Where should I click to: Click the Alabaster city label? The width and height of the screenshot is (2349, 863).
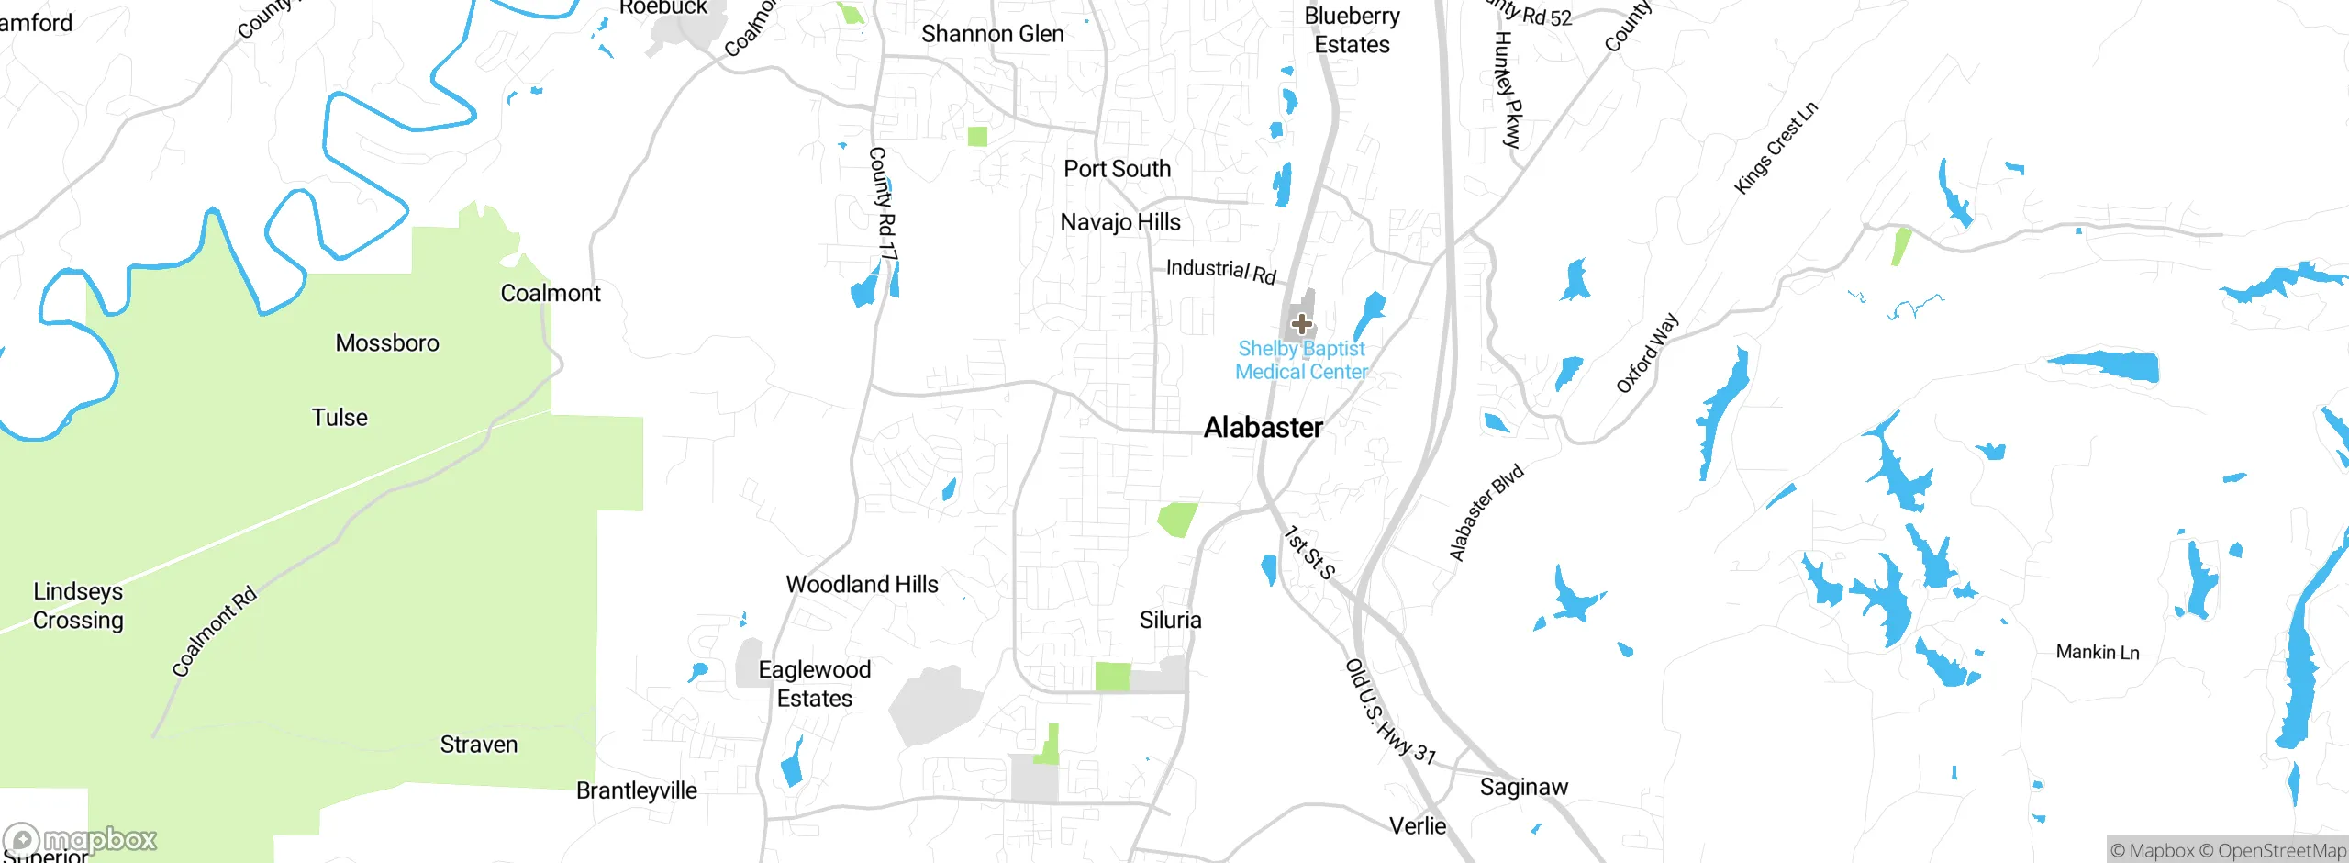(x=1263, y=428)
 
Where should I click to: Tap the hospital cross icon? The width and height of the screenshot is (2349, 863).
(x=1301, y=324)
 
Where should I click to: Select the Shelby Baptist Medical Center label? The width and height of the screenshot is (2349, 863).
(x=1301, y=361)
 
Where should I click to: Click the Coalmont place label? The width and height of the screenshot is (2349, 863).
(x=551, y=294)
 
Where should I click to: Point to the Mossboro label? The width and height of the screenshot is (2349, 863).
(x=387, y=343)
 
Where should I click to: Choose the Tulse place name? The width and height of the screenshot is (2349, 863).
(x=340, y=418)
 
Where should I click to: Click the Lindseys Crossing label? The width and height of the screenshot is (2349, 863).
(x=78, y=606)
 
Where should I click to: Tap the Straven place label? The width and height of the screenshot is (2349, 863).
(x=479, y=745)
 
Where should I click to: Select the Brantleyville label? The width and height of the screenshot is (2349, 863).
(x=637, y=791)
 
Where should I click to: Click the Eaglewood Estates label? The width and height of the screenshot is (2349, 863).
(x=815, y=684)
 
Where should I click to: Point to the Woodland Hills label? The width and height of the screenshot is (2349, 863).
(x=863, y=585)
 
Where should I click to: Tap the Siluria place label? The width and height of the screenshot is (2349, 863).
(x=1171, y=621)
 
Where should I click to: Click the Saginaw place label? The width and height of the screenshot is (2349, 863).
(x=1524, y=788)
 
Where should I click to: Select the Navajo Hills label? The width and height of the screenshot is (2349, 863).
(x=1120, y=222)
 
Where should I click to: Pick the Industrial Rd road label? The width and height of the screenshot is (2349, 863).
(x=1220, y=271)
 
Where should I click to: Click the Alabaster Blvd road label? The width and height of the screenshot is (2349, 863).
(x=1486, y=512)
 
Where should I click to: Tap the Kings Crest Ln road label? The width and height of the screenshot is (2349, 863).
(x=1776, y=148)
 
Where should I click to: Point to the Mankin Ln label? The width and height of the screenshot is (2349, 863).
(x=2098, y=653)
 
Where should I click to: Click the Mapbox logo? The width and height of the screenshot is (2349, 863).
(x=81, y=840)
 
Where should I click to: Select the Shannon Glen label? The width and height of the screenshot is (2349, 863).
(x=993, y=35)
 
